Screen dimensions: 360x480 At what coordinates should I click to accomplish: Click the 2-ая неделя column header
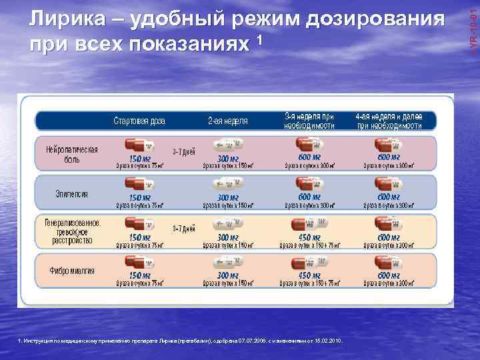coord(227,121)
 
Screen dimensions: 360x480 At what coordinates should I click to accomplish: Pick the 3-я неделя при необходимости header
coord(309,120)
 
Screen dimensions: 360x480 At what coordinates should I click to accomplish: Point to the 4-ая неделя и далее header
coord(389,120)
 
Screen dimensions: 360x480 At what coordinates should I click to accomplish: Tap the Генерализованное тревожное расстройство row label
coord(72,233)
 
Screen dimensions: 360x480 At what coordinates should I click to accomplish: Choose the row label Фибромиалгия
coord(71,271)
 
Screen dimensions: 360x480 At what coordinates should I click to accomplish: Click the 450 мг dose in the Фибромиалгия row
coord(309,275)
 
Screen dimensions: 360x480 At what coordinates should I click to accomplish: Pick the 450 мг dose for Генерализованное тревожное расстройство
coord(309,237)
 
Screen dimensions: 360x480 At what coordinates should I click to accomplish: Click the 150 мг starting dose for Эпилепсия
coord(139,198)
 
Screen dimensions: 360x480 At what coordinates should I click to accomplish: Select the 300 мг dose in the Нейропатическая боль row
coord(228,159)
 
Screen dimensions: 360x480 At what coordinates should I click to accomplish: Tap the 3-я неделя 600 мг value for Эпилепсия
coord(309,198)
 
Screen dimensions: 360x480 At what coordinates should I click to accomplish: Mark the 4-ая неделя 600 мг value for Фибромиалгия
coord(389,275)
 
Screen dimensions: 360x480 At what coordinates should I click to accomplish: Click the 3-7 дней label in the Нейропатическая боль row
coord(183,150)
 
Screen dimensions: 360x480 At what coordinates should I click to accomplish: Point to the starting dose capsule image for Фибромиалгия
coord(139,262)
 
